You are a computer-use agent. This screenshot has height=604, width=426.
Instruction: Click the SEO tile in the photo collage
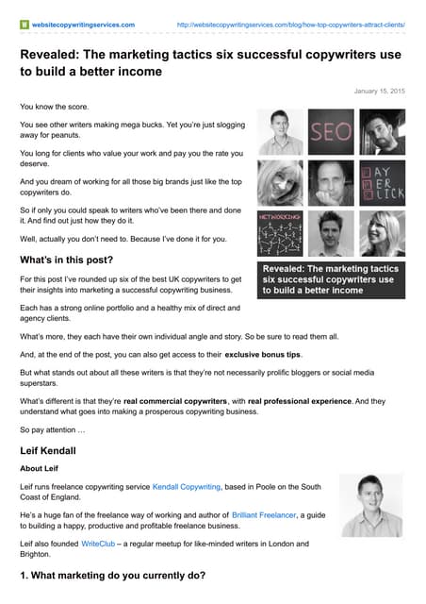[x=332, y=132]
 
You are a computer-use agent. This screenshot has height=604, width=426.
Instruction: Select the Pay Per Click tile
[x=383, y=182]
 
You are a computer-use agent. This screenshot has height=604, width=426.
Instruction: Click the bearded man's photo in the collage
[x=383, y=132]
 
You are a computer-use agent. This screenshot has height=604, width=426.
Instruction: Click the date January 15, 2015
[x=379, y=92]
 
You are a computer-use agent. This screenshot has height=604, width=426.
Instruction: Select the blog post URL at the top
[x=290, y=24]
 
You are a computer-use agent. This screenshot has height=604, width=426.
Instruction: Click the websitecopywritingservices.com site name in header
[x=84, y=24]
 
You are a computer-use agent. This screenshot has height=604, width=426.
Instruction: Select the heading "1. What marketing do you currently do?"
[x=114, y=576]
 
